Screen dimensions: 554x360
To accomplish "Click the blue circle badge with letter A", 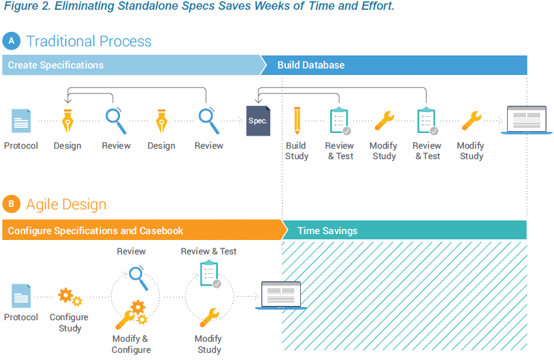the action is pos(11,41).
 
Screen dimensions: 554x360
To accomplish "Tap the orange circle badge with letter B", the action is pos(11,204).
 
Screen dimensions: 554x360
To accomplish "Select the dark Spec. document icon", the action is pos(258,121).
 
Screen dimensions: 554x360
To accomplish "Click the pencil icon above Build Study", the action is pos(297,121).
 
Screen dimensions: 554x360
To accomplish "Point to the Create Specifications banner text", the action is pos(56,65).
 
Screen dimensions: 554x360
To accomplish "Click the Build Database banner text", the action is pos(311,65).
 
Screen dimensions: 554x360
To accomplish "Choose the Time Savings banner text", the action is pos(328,231).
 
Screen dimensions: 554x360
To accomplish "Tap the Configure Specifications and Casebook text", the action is pos(95,231).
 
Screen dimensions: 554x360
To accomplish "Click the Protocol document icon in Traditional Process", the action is pos(21,121).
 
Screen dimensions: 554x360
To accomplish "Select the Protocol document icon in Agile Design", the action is pos(21,295).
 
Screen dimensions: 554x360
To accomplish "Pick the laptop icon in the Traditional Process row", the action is pos(527,120).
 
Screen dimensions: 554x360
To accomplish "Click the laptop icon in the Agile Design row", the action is pos(281,295).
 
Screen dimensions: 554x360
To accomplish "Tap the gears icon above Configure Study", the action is pos(70,296).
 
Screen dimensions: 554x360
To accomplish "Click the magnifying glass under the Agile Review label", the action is pos(138,278).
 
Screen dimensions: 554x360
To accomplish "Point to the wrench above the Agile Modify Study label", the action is pos(209,317).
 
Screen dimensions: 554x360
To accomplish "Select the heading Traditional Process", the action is pos(89,41).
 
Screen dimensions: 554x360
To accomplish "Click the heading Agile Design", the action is pos(66,205).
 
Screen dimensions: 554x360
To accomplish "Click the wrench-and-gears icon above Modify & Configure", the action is pos(131,314).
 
